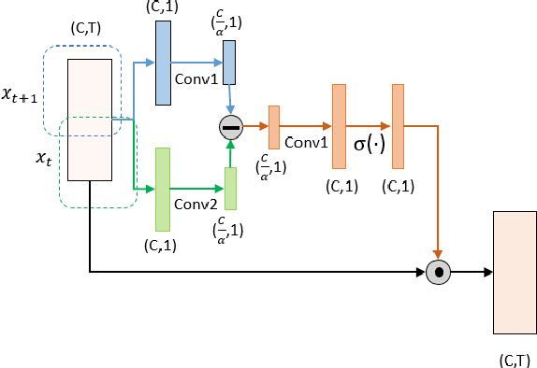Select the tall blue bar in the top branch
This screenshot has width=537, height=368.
162,63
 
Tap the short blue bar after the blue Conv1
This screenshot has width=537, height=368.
229,63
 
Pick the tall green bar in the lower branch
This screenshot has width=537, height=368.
162,190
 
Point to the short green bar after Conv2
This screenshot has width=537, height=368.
230,189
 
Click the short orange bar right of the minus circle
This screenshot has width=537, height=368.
274,127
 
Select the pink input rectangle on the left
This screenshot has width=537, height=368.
90,119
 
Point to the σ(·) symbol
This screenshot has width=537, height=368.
369,147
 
